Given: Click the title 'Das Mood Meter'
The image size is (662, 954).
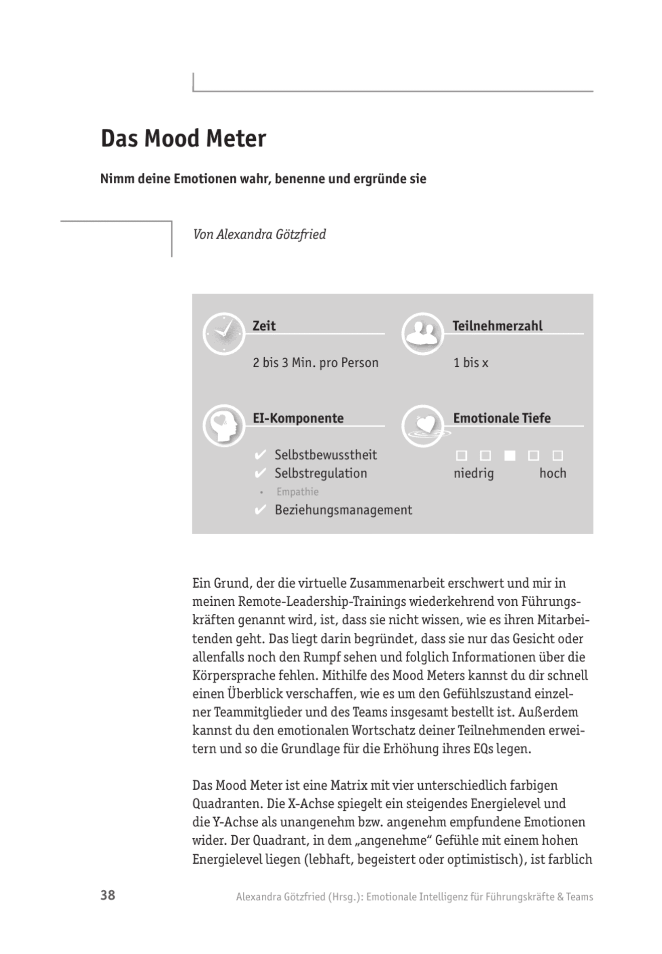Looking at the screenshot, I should pos(183,139).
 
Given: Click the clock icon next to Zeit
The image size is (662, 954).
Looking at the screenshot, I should pos(224,334).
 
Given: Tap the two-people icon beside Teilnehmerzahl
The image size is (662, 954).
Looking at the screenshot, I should pos(422,334).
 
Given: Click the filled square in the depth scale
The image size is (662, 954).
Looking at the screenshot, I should pos(510,455).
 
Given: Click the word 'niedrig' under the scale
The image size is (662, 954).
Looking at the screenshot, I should pos(473,473).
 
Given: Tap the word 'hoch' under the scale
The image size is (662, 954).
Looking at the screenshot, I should pos(553,473).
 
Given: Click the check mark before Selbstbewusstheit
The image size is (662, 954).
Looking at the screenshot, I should pos(260,455).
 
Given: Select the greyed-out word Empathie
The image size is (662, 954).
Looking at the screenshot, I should pos(297,492).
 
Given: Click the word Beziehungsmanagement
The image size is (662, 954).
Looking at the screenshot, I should pos(344,510).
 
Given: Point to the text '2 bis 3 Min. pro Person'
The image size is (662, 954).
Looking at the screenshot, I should pos(315,363).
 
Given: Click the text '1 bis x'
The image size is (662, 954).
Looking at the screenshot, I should pos(470,363).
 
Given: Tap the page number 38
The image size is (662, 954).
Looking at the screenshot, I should pos(108,895).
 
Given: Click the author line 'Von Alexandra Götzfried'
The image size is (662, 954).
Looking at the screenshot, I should pos(259,234).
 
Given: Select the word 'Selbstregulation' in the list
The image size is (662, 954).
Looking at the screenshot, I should pos(320,473).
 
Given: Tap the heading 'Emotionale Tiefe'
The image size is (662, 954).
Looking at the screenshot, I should pos(502,418).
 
